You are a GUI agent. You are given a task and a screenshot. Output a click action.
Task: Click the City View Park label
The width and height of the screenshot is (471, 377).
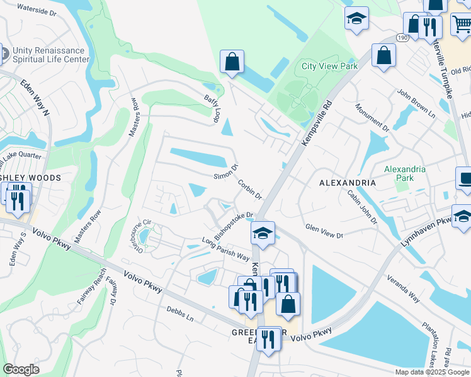tap(329, 66)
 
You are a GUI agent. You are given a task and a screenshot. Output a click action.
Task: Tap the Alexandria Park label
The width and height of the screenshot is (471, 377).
tap(405, 173)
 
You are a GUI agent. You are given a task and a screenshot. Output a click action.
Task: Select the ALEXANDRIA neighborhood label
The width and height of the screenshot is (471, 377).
tap(348, 183)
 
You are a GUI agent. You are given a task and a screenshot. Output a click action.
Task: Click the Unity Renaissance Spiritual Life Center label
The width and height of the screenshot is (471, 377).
tap(47, 55)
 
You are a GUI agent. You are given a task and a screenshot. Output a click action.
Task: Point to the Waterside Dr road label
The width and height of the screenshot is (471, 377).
tap(37, 10)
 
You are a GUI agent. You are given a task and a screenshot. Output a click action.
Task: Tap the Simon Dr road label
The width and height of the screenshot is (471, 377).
tap(226, 171)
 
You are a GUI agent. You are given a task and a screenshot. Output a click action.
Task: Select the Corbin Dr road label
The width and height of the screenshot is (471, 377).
tap(250, 190)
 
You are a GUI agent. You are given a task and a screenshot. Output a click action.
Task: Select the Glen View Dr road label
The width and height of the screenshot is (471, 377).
tap(324, 231)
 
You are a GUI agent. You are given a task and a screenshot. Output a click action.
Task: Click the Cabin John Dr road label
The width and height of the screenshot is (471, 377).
tap(361, 208)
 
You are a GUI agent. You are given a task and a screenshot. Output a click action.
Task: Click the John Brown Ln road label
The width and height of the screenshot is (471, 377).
tap(416, 103)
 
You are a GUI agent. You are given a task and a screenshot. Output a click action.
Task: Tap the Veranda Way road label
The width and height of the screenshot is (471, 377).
tap(404, 287)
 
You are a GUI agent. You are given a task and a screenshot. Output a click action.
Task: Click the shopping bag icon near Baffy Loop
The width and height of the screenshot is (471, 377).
tap(232, 62)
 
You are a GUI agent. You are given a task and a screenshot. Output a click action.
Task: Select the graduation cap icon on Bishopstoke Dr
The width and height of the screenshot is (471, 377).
tap(263, 233)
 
